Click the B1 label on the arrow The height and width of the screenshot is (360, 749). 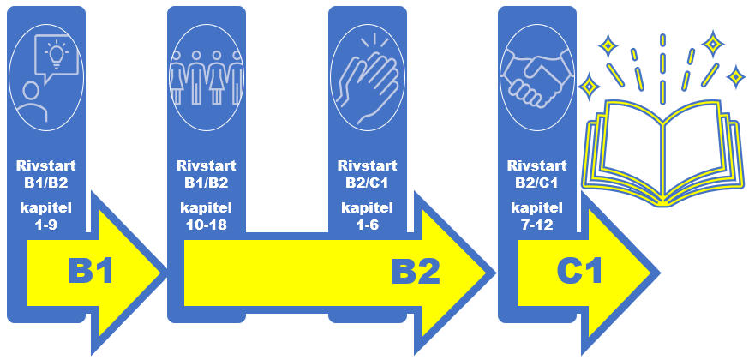tap(90, 272)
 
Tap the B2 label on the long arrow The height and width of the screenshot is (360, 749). tap(416, 272)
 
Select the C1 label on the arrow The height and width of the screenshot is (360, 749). tap(580, 272)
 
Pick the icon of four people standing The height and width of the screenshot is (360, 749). tap(207, 76)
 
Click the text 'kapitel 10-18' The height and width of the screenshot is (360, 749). tap(206, 217)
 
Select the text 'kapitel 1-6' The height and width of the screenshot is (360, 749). tap(367, 217)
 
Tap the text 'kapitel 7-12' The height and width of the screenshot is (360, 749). tap(536, 217)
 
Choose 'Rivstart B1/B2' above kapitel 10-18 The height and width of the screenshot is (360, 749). tap(206, 174)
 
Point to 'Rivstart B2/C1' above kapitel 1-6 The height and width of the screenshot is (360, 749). tap(367, 174)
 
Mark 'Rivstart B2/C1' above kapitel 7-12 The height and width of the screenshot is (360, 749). tap(536, 174)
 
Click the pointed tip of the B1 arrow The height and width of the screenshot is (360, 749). tap(163, 273)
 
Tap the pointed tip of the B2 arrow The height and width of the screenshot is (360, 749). tap(492, 273)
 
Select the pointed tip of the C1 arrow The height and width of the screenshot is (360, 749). tap(655, 273)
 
